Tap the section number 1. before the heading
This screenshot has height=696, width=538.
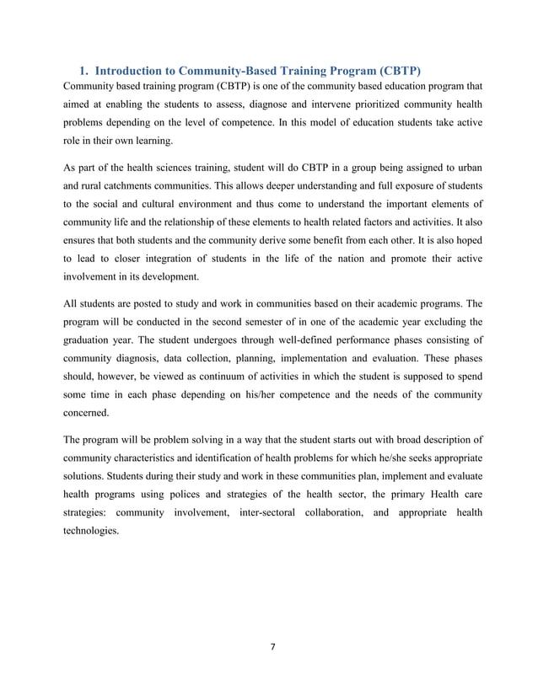[x=84, y=69]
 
